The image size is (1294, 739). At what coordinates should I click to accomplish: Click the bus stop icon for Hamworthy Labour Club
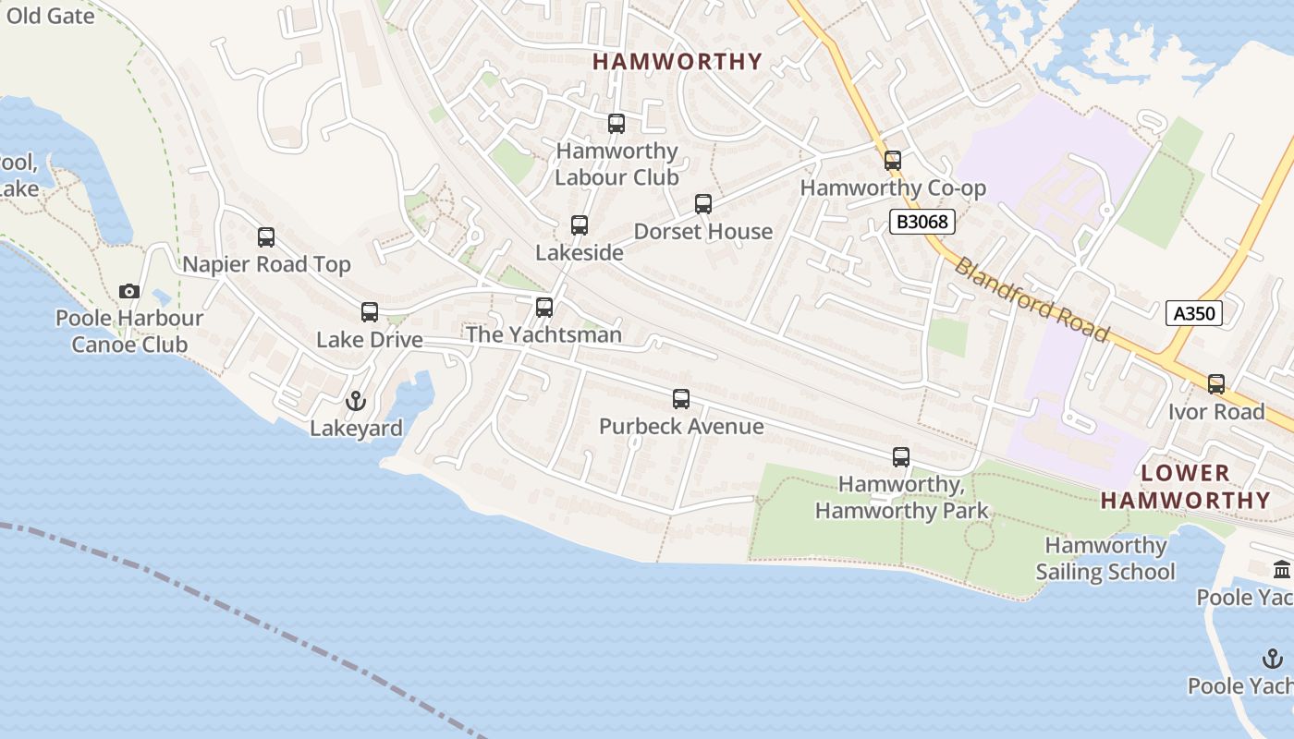[x=616, y=124]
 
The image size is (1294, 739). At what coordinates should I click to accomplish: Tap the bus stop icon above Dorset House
[x=703, y=204]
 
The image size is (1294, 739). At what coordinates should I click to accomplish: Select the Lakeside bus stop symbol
[x=580, y=225]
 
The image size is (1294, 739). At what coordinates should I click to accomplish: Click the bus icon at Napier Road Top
[x=266, y=237]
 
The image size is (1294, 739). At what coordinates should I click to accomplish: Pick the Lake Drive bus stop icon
[x=370, y=312]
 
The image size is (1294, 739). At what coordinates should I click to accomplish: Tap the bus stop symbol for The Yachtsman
[x=544, y=308]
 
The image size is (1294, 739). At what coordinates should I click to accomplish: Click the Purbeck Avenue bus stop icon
[x=681, y=399]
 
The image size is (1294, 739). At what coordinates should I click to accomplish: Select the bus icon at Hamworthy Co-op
[x=893, y=161]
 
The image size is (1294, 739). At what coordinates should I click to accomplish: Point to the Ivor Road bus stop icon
[x=1216, y=384]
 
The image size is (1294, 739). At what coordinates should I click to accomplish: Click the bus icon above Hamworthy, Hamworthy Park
[x=901, y=457]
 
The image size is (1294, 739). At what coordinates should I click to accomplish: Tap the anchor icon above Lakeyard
[x=356, y=402]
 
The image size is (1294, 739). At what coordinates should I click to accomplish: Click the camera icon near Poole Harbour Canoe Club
[x=129, y=292]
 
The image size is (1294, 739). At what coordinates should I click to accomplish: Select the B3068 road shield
[x=922, y=222]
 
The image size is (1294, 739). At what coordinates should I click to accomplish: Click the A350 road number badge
[x=1193, y=313]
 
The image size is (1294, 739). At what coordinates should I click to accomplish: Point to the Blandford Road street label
[x=1031, y=299]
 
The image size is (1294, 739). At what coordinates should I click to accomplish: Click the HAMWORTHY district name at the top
[x=678, y=62]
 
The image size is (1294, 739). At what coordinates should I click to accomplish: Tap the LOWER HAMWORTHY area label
[x=1186, y=487]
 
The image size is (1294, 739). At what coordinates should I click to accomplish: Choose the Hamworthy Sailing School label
[x=1105, y=559]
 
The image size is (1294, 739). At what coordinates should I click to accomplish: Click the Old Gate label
[x=50, y=16]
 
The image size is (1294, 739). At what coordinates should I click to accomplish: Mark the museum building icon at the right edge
[x=1282, y=570]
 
